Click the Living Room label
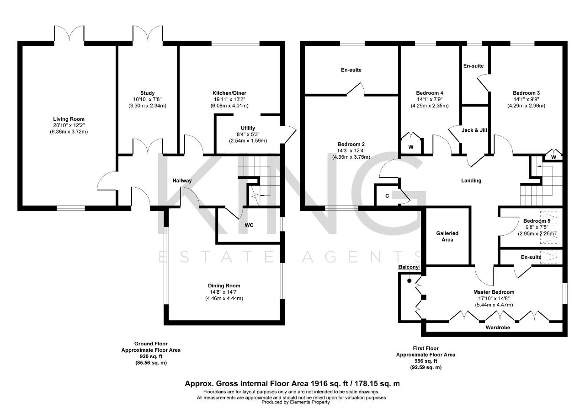(69, 119)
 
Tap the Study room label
(147, 93)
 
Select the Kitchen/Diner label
(229, 93)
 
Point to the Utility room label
(248, 128)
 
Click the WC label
(249, 225)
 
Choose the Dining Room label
(224, 285)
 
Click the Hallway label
(182, 181)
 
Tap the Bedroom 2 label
(351, 144)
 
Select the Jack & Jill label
(474, 130)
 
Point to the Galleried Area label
(447, 237)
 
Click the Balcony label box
(409, 267)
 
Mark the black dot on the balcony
(409, 281)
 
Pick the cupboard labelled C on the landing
(387, 196)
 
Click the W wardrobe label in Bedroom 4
(411, 147)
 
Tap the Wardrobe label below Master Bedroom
(498, 328)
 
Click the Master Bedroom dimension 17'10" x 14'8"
(494, 298)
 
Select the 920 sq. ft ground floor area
(151, 356)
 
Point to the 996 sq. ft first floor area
(425, 361)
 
